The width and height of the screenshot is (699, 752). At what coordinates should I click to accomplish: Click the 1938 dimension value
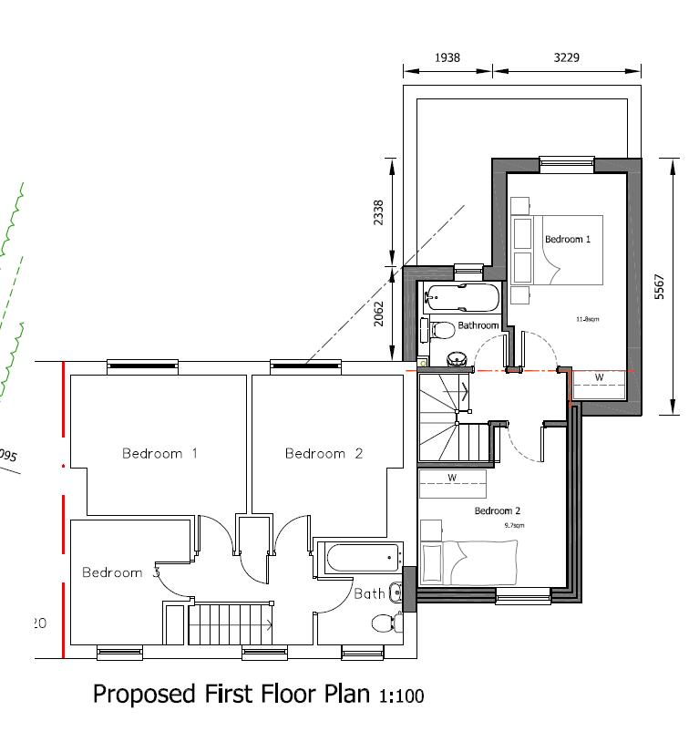coord(447,57)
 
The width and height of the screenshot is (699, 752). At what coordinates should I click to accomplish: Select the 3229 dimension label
coord(566,57)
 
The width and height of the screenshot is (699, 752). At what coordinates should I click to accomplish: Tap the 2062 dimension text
coord(378,314)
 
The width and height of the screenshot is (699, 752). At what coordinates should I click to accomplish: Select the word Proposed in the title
coord(143,695)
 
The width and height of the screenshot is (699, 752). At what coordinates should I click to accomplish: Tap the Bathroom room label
coord(478,325)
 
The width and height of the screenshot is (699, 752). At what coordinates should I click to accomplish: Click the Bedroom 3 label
coord(120,572)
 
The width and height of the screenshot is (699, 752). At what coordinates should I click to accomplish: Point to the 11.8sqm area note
coord(586,320)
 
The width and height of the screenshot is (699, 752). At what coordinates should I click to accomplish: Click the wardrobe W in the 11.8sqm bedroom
coord(599,377)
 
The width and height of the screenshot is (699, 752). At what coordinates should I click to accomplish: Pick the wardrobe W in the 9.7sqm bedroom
coord(452,478)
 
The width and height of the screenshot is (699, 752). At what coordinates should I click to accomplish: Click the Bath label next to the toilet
coord(369,593)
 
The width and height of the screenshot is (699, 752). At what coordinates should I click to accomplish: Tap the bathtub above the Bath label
coord(359,557)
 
